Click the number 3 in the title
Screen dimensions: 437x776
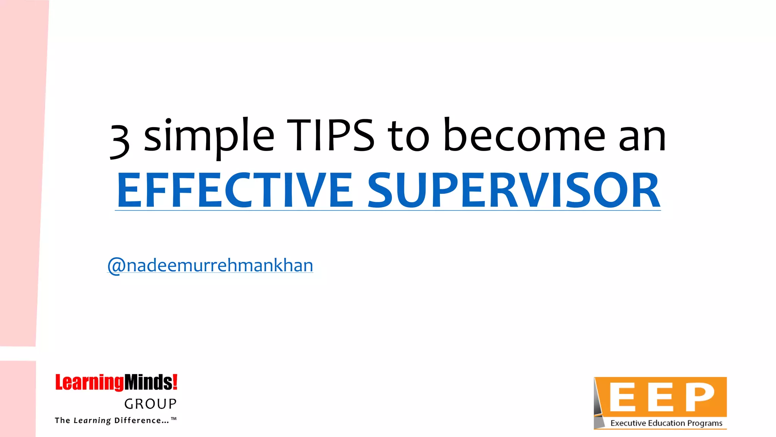tap(120, 141)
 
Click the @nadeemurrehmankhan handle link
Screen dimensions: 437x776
tap(211, 265)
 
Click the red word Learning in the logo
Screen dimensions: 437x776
tap(89, 382)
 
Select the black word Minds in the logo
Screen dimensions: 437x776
tap(148, 382)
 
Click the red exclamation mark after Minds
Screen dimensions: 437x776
tap(175, 381)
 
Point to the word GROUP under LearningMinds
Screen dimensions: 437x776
tap(150, 404)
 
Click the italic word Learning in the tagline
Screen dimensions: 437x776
tap(92, 421)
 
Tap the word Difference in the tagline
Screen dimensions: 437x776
tap(138, 420)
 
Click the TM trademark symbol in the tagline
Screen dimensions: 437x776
tap(174, 419)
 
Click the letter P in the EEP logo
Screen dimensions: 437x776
tap(700, 397)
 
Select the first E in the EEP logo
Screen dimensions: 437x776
tap(622, 397)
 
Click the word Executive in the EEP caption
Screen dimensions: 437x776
tap(628, 423)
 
